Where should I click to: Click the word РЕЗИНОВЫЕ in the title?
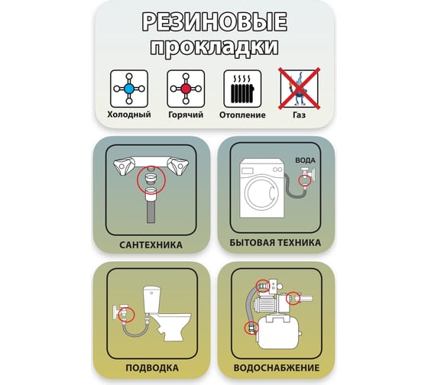pyautogui.click(x=214, y=21)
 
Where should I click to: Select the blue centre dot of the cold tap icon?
pyautogui.click(x=129, y=89)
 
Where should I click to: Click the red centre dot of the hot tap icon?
pyautogui.click(x=186, y=89)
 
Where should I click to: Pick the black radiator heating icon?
pyautogui.click(x=242, y=89)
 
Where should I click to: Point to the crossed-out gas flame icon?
pyautogui.click(x=299, y=89)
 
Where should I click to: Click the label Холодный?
pyautogui.click(x=129, y=115)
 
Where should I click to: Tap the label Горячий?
pyautogui.click(x=186, y=115)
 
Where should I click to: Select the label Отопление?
pyautogui.click(x=242, y=115)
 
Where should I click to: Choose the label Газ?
pyautogui.click(x=299, y=115)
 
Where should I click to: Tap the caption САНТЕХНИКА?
pyautogui.click(x=151, y=245)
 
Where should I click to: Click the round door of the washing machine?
pyautogui.click(x=261, y=192)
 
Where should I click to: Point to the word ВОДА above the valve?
pyautogui.click(x=305, y=160)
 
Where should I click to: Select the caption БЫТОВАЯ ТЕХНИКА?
pyautogui.click(x=275, y=243)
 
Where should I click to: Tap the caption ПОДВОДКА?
pyautogui.click(x=152, y=367)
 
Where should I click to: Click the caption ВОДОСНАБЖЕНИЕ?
pyautogui.click(x=277, y=367)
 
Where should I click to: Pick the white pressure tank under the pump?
pyautogui.click(x=278, y=333)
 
